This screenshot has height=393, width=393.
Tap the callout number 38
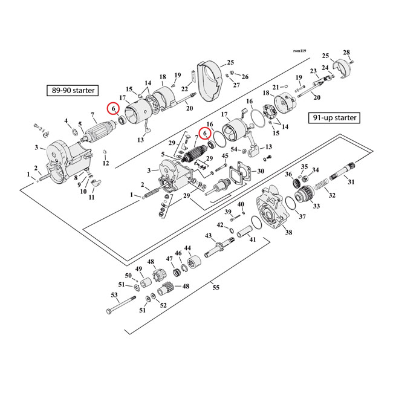(x=288, y=232)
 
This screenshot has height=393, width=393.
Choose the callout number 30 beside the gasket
(x=261, y=171)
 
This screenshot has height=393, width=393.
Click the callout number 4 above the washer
(x=67, y=121)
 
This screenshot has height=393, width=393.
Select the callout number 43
(x=208, y=235)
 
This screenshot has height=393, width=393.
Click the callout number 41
(x=253, y=240)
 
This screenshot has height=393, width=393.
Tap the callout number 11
(x=91, y=198)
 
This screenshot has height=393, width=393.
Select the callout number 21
(x=275, y=87)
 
